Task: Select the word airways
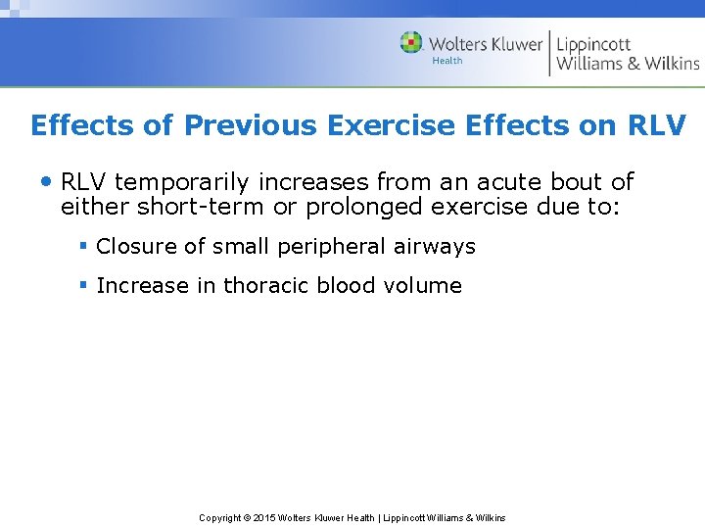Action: pyautogui.click(x=435, y=247)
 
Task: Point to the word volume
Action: pyautogui.click(x=426, y=286)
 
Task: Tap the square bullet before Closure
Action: pyautogui.click(x=84, y=246)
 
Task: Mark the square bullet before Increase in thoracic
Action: pyautogui.click(x=84, y=285)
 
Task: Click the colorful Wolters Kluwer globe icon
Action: pyautogui.click(x=411, y=43)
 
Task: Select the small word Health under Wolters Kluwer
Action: pyautogui.click(x=447, y=61)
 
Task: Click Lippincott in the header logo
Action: pyautogui.click(x=593, y=44)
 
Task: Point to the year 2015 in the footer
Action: pyautogui.click(x=265, y=517)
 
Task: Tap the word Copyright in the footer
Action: pyautogui.click(x=220, y=517)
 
